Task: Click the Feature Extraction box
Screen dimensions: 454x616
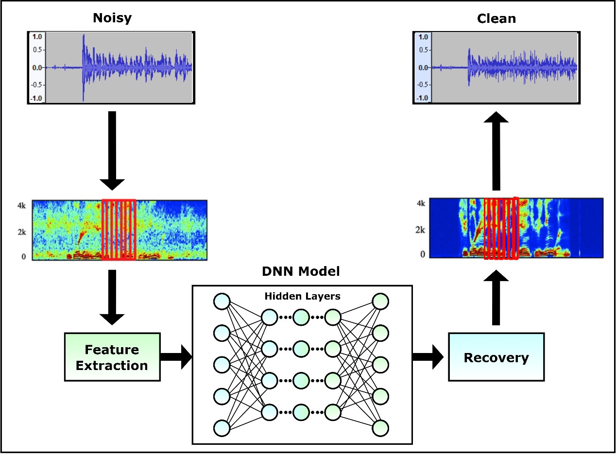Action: [112, 357]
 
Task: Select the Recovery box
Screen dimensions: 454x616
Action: [496, 357]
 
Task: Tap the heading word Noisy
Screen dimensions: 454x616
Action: [112, 18]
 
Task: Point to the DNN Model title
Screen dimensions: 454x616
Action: [301, 272]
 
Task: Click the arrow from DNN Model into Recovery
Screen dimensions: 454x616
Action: [428, 357]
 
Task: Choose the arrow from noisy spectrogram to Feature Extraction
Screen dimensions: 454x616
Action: [112, 296]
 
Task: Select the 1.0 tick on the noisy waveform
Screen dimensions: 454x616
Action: [37, 36]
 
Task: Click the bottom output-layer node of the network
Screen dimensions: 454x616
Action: [380, 428]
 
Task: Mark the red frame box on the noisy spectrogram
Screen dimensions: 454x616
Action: [119, 230]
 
